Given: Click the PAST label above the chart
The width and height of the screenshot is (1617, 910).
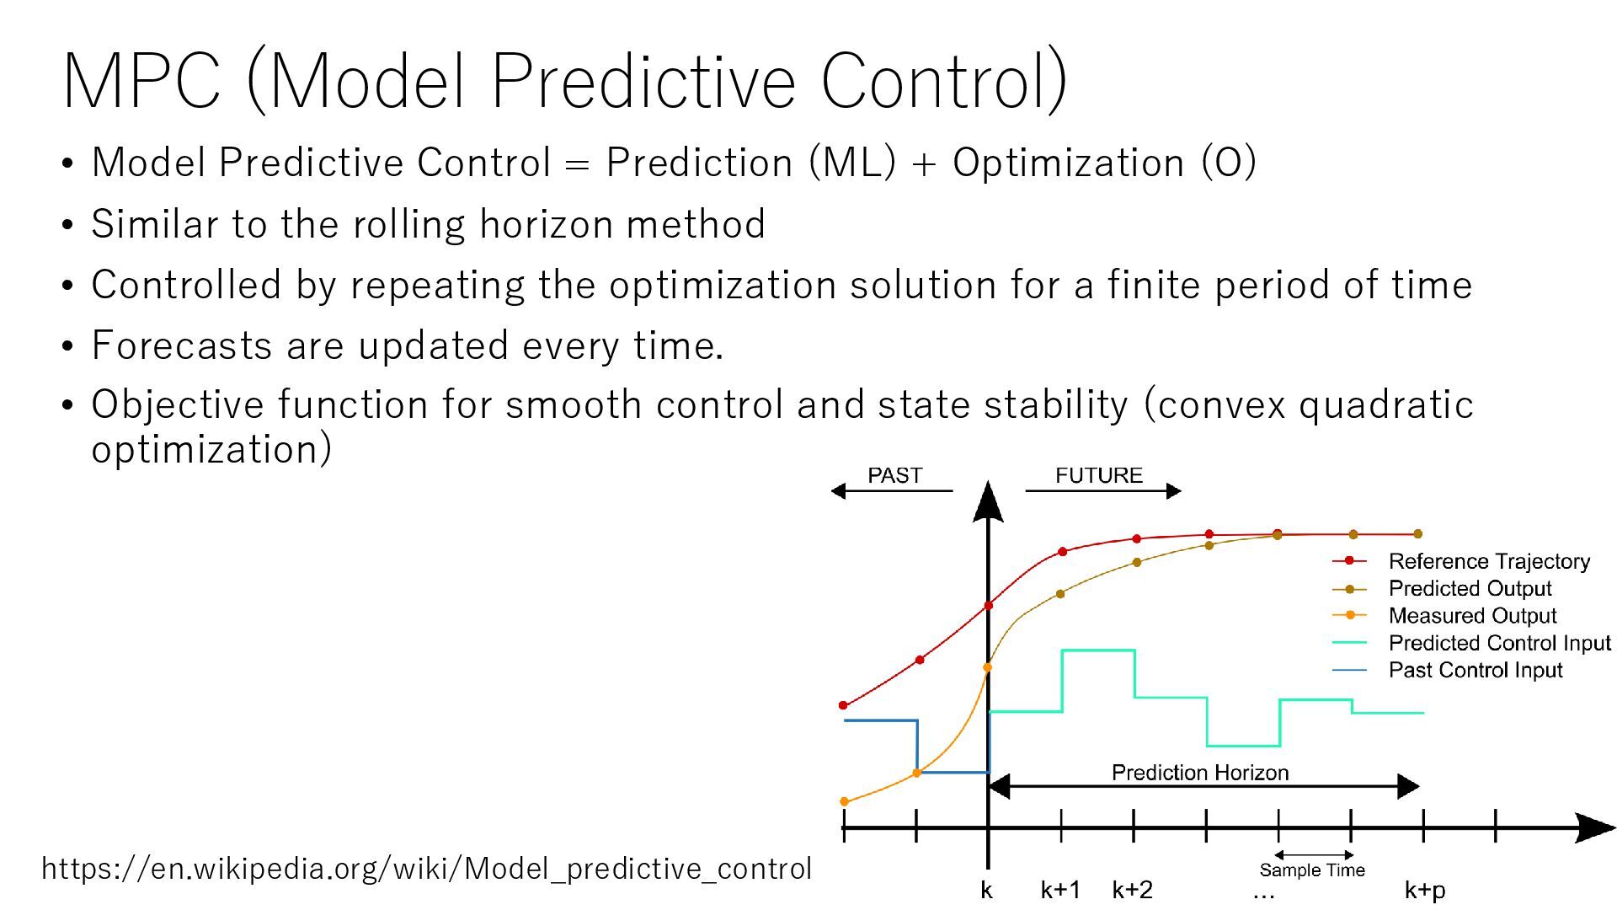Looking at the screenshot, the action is point(894,475).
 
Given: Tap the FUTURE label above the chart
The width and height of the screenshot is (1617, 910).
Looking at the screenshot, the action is point(1099,475).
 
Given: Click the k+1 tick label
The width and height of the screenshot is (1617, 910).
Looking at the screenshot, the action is point(1060,890).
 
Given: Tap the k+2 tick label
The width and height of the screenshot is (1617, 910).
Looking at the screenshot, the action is point(1133,890).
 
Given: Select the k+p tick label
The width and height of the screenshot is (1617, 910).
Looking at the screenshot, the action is point(1425,891).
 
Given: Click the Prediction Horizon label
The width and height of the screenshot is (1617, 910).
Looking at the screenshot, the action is point(1200,773).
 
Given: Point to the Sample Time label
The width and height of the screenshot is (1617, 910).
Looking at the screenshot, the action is point(1312,870).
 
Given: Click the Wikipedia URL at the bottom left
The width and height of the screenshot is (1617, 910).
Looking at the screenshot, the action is point(426,868).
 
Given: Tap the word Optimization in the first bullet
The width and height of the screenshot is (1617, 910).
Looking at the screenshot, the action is point(1068,162).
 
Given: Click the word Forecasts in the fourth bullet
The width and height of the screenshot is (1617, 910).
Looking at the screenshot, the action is point(182,345).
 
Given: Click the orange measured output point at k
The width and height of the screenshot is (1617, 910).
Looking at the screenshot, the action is point(987,667).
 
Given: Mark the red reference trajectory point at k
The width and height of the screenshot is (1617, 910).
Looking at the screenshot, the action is point(988,606).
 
